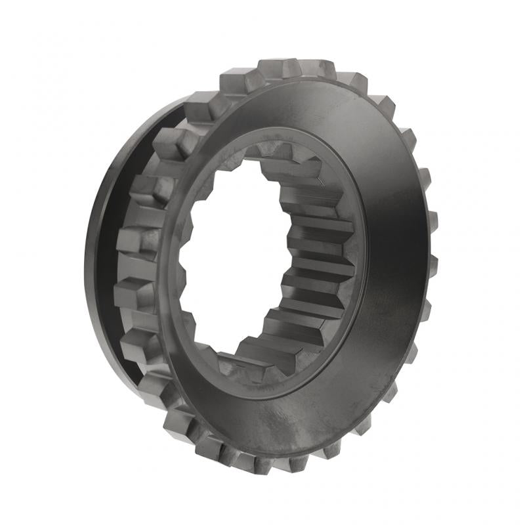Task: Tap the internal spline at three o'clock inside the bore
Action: (x=322, y=256)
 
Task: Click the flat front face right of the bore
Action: (x=394, y=249)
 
